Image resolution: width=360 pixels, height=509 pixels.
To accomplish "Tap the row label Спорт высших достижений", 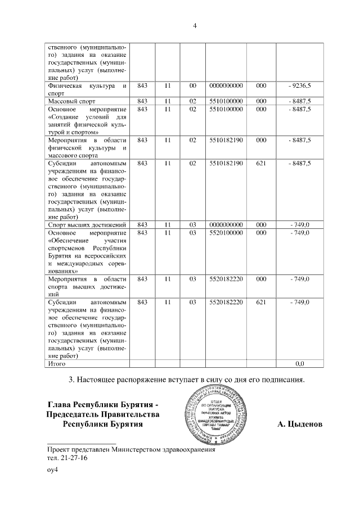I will [x=86, y=225].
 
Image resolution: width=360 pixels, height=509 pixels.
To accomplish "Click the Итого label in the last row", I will [x=57, y=364].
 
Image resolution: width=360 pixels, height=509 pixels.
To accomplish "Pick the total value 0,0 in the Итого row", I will [x=299, y=364].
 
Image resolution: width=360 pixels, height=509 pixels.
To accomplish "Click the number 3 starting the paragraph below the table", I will [x=71, y=380].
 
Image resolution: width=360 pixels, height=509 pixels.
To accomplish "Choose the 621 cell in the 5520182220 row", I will [x=260, y=302].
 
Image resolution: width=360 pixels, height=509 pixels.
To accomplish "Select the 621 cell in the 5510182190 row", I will [x=260, y=163].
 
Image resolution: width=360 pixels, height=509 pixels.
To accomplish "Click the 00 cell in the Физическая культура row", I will [x=193, y=85].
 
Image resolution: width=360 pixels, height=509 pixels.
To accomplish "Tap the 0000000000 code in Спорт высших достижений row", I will [x=225, y=225].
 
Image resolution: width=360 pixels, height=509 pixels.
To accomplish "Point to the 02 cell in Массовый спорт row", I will [x=193, y=101].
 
